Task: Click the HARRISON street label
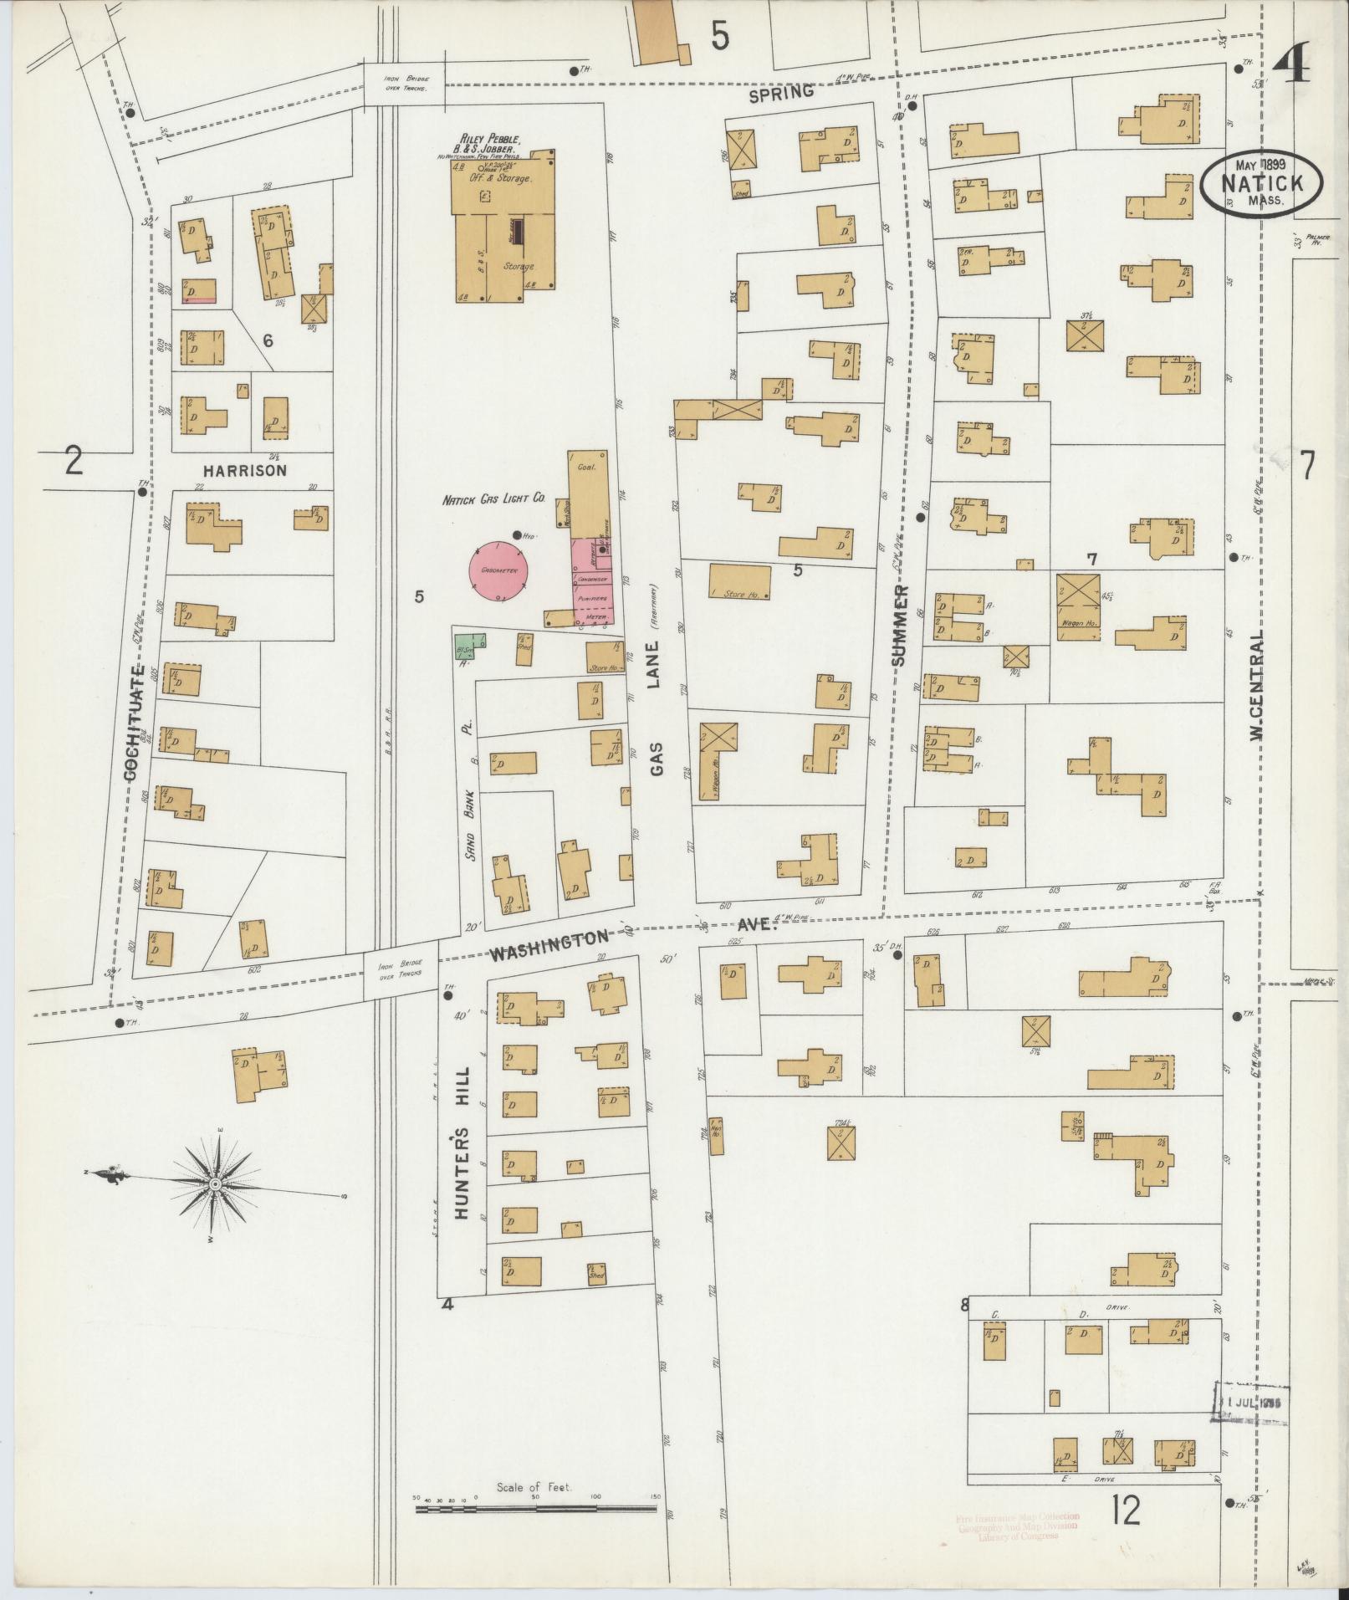click(x=246, y=470)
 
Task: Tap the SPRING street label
click(x=781, y=93)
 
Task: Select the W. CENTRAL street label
click(x=1256, y=685)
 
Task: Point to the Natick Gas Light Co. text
click(x=493, y=498)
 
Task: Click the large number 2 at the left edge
click(x=74, y=461)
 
